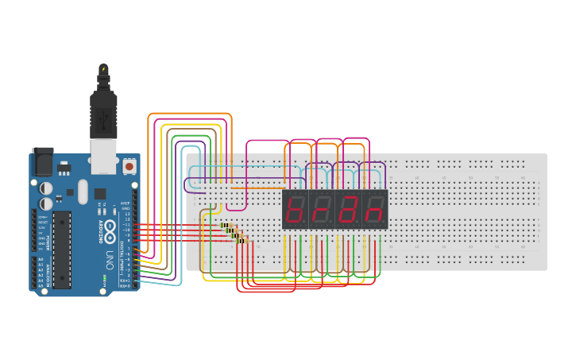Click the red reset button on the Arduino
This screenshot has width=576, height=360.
coord(129,168)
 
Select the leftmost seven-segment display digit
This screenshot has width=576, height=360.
coord(295,209)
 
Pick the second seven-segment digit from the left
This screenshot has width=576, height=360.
coord(321,209)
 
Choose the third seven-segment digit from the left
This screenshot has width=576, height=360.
coord(347,209)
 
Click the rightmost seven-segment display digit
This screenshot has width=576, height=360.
coord(373,209)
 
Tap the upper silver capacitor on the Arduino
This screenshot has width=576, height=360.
coord(47,189)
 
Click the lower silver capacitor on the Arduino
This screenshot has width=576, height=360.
coord(47,204)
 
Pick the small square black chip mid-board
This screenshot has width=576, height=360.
coord(100,193)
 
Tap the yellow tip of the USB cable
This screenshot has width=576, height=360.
coord(103,68)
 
